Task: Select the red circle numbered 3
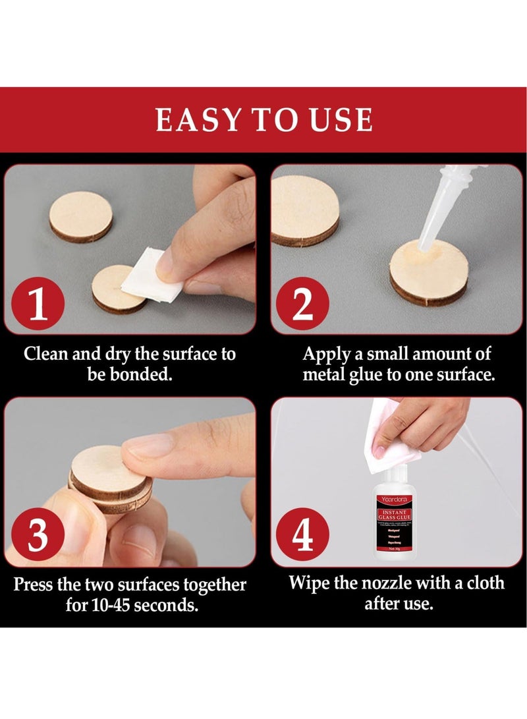[40, 536]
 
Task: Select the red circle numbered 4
[302, 536]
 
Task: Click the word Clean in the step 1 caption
[46, 354]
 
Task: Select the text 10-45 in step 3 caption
[107, 605]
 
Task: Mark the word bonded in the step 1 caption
[142, 376]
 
